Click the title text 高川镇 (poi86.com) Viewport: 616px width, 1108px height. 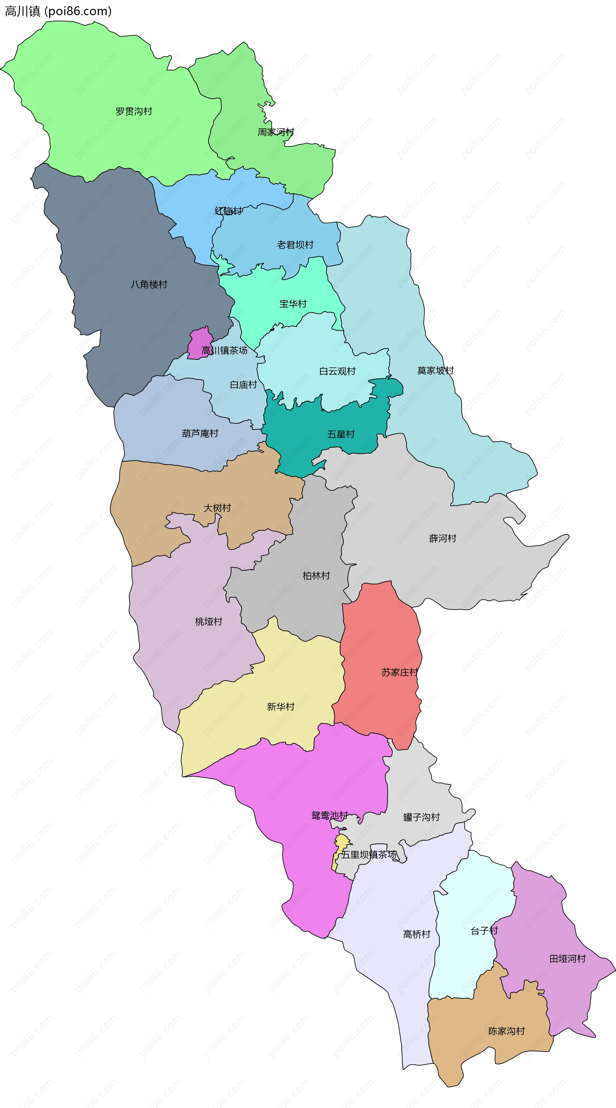point(58,11)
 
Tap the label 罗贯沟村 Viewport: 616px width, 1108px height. point(134,111)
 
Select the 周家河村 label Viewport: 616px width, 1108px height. point(276,132)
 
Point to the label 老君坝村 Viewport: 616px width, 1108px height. point(295,245)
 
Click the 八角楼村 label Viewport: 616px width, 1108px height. point(149,284)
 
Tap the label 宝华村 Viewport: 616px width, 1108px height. point(293,304)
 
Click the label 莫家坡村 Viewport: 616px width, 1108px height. point(435,370)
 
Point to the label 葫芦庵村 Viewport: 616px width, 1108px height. point(200,433)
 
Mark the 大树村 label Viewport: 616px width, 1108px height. point(217,508)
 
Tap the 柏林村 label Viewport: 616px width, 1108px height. point(316,576)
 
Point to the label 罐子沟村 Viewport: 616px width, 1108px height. point(422,817)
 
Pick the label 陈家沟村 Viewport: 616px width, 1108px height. point(506,1031)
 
